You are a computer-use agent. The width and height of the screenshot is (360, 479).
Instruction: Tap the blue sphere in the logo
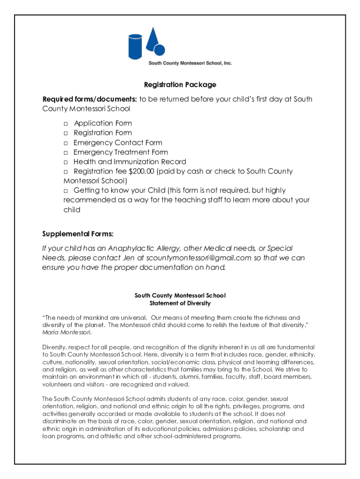159,51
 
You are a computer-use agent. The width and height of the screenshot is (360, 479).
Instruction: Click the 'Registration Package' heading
180,85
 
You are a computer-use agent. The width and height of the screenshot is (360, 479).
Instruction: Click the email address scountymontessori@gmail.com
199,258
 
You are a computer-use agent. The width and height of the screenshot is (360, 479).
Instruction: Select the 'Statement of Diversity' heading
180,304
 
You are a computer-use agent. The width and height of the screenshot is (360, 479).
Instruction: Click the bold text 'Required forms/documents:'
90,99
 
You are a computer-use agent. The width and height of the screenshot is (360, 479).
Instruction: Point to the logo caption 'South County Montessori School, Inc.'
190,63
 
